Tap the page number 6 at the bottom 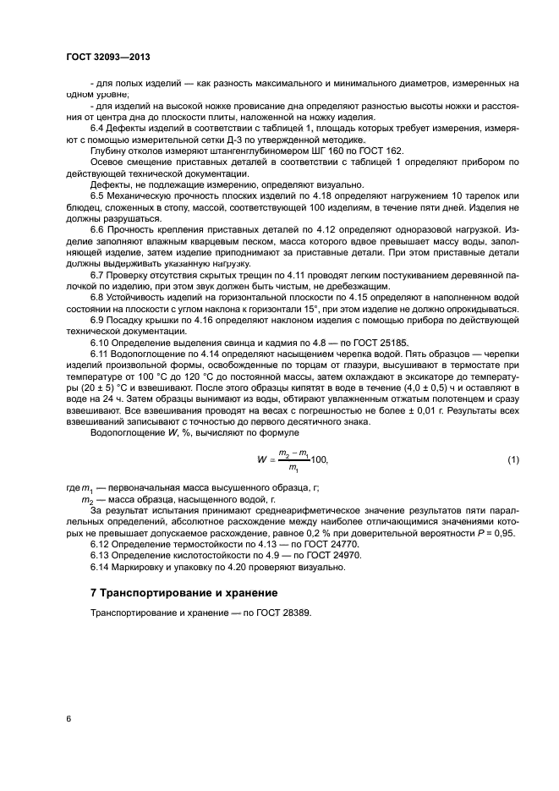68,719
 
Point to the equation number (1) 512,459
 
